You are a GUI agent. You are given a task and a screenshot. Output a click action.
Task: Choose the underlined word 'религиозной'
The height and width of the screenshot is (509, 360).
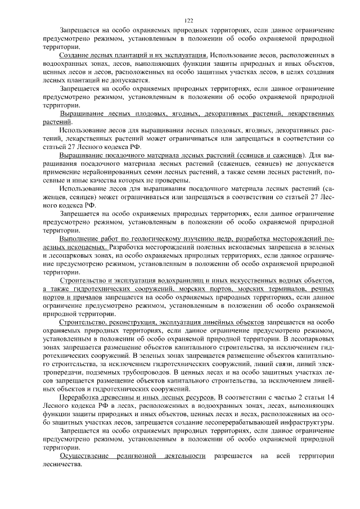pyautogui.click(x=135, y=454)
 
